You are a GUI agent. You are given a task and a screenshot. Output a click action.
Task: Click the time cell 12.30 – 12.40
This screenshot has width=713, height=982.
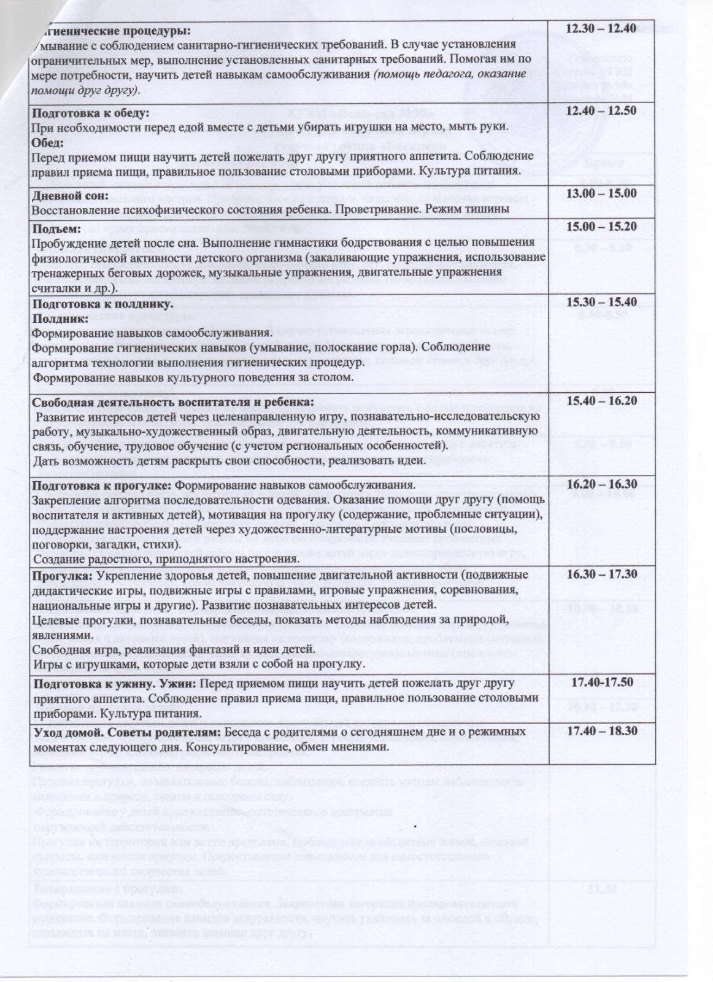pyautogui.click(x=601, y=28)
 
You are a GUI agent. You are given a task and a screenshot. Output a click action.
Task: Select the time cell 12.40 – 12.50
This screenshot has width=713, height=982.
pyautogui.click(x=601, y=111)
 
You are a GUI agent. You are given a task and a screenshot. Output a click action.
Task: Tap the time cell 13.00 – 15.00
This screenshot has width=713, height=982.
pyautogui.click(x=601, y=193)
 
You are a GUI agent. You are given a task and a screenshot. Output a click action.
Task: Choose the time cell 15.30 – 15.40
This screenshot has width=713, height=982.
pyautogui.click(x=601, y=302)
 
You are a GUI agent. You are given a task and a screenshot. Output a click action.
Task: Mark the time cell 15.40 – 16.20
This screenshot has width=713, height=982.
pyautogui.click(x=601, y=401)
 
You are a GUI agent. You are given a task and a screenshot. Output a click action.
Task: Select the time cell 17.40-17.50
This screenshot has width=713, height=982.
pyautogui.click(x=602, y=682)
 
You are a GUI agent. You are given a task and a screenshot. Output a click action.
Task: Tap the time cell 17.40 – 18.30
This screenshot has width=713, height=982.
pyautogui.click(x=601, y=732)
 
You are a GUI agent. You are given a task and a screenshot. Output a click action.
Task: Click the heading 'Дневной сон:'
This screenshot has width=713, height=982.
pyautogui.click(x=70, y=196)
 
